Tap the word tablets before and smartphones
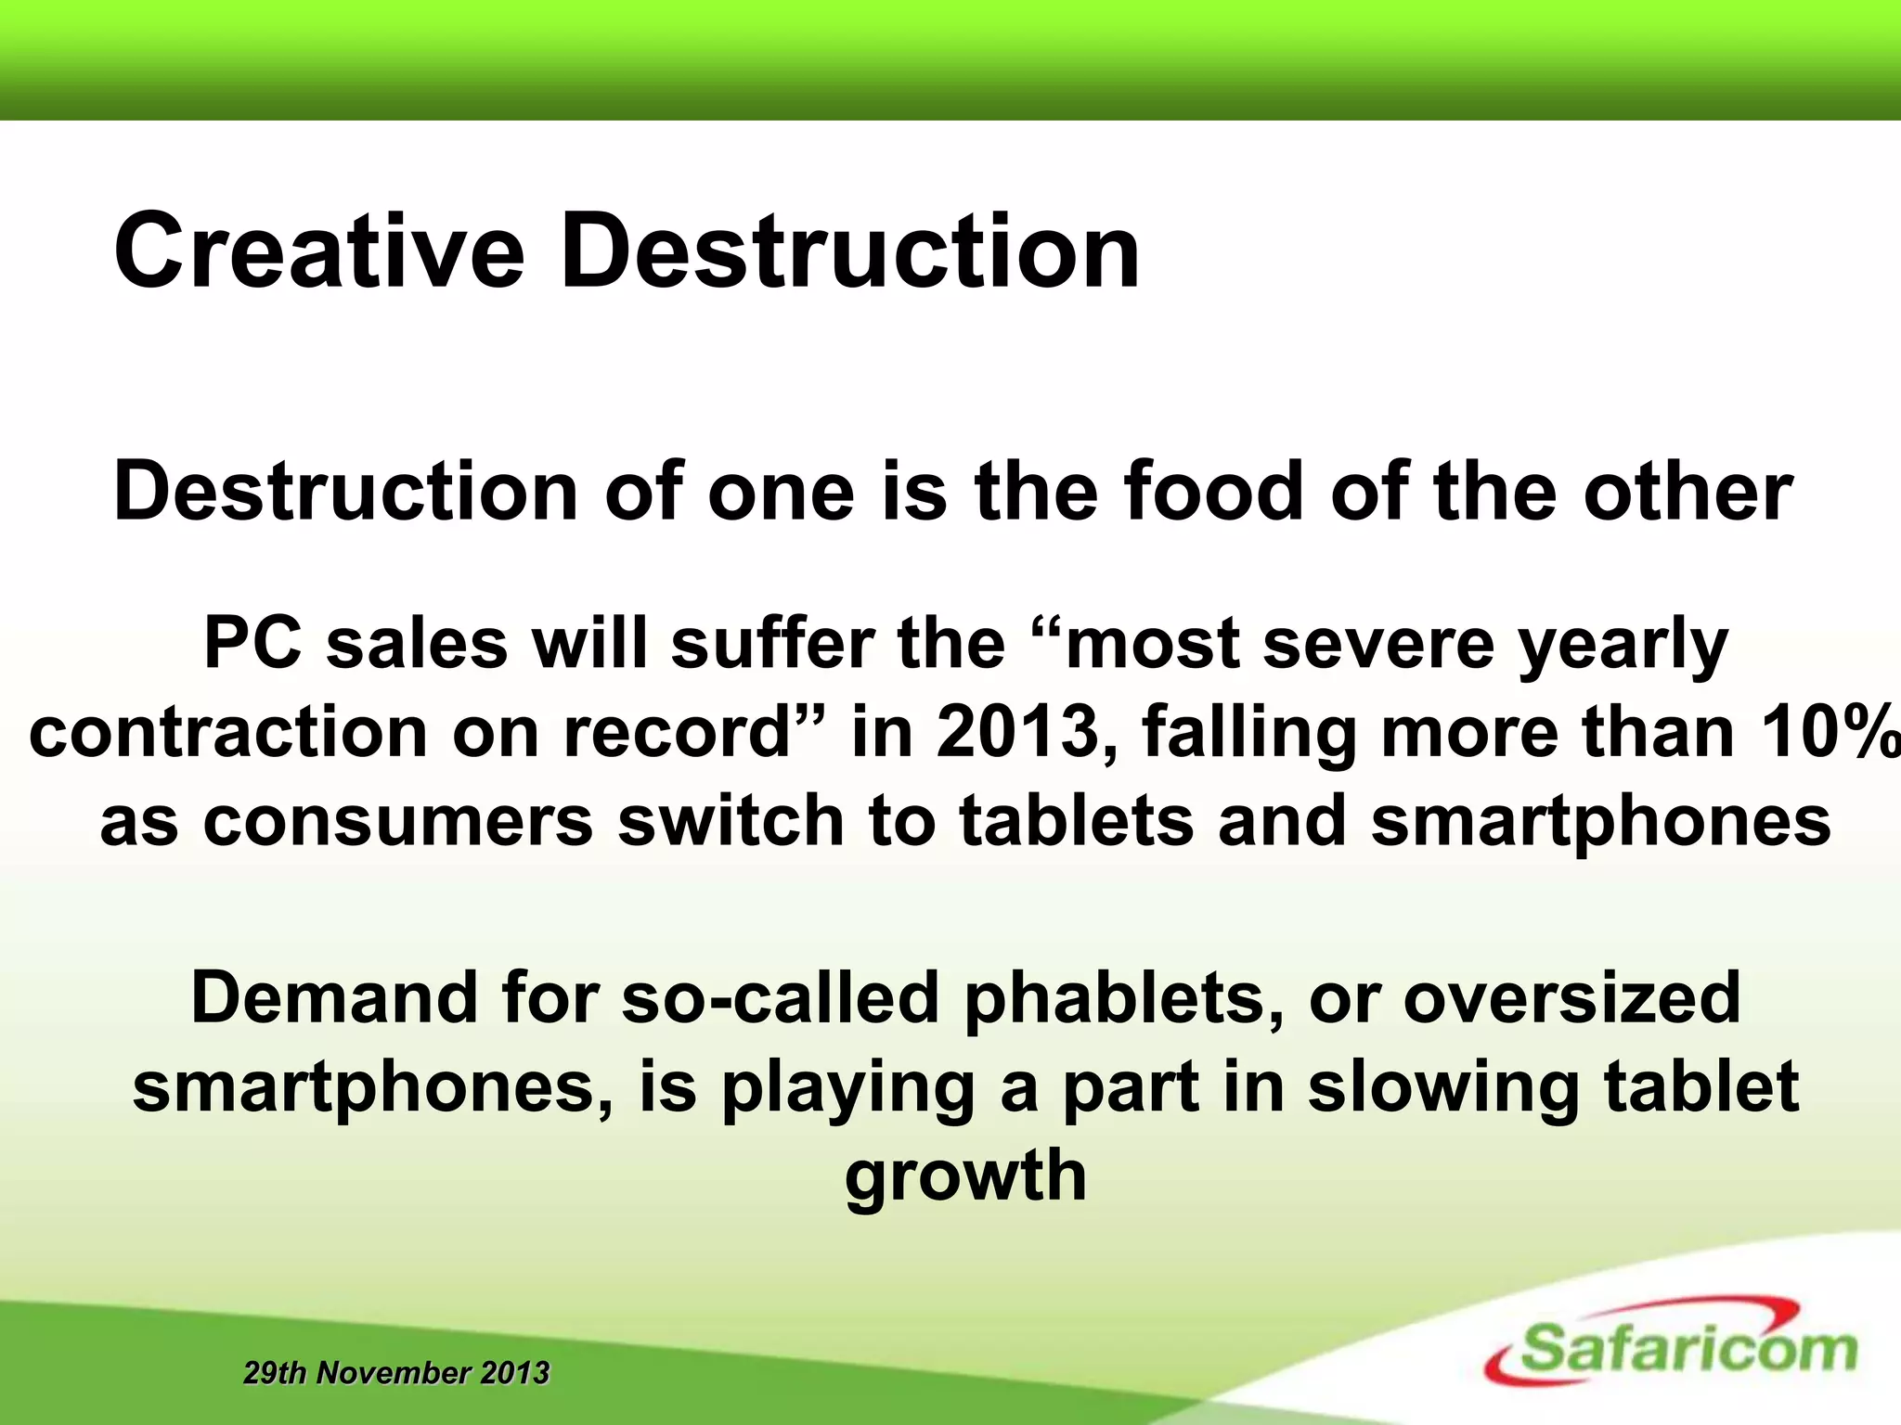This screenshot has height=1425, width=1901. point(1076,821)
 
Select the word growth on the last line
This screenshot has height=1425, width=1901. point(965,1176)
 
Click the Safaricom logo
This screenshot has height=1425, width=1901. point(1671,1351)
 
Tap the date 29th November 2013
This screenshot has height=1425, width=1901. point(396,1373)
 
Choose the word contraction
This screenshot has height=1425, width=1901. point(227,733)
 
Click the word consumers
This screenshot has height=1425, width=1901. point(397,821)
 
